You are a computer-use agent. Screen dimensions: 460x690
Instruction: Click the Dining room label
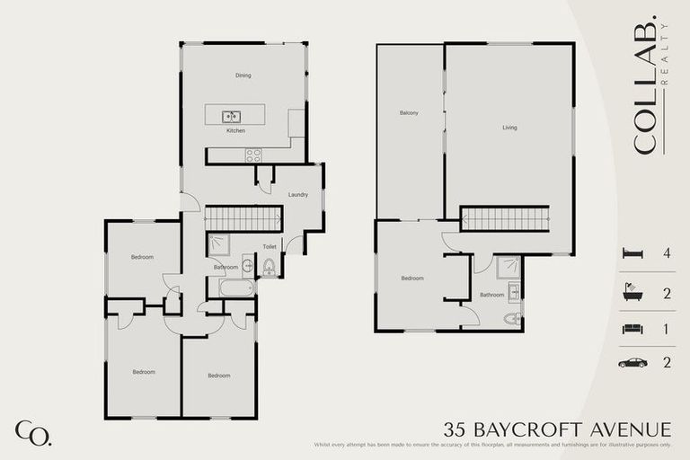point(243,75)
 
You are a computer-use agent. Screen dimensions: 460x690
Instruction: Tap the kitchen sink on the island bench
point(231,116)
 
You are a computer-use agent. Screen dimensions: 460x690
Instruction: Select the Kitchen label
point(235,131)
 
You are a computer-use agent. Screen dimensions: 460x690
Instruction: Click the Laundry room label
point(298,195)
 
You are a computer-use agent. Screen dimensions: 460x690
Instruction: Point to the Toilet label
point(269,246)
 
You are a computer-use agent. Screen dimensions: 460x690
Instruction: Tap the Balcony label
point(409,113)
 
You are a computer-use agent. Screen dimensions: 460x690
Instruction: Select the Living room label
point(509,128)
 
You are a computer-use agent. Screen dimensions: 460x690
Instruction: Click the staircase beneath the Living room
point(504,218)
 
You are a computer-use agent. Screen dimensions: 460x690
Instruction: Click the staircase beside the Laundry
point(243,218)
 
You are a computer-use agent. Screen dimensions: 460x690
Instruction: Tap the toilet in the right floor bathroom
point(511,319)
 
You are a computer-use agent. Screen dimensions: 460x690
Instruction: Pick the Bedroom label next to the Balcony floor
point(411,279)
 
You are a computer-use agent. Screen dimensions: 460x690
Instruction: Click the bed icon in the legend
point(633,253)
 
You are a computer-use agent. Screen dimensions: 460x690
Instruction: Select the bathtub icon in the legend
point(633,291)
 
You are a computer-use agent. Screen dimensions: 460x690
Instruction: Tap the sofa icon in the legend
point(633,328)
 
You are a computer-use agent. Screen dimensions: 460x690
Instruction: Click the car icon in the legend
point(633,363)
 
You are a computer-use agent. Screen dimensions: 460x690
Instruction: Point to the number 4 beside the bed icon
point(666,253)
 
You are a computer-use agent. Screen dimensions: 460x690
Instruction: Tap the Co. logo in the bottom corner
point(32,433)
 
